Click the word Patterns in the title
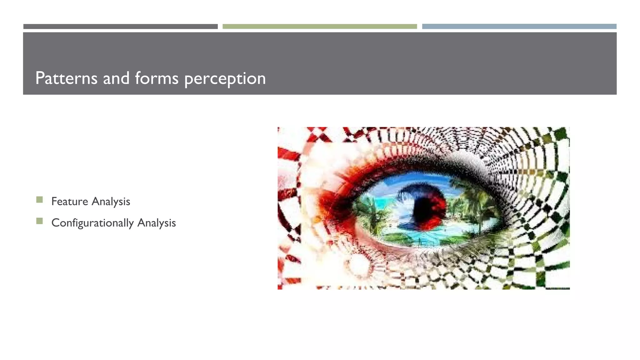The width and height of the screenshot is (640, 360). point(66,78)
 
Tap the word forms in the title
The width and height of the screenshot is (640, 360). point(157,78)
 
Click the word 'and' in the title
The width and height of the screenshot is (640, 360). point(116,78)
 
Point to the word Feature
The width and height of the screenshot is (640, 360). point(70,202)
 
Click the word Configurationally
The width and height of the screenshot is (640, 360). point(92,223)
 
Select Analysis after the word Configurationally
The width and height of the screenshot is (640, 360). point(157,223)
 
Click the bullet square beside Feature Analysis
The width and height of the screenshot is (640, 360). point(39,200)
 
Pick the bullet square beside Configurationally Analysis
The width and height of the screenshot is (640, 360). point(39,221)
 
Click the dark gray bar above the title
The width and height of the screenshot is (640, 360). point(120,27)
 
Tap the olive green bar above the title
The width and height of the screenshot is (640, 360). point(320,27)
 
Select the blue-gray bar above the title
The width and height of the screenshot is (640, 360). point(519,27)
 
